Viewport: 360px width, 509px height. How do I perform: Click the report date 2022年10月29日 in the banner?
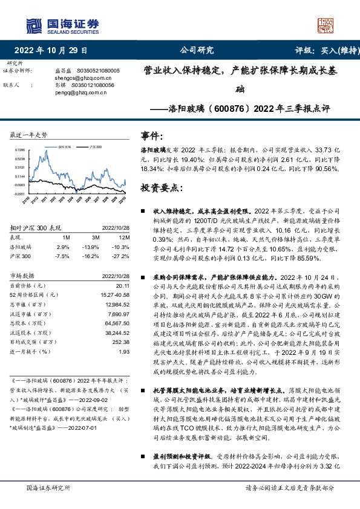(x=50, y=51)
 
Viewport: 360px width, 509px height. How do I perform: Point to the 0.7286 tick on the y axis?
(x=21, y=150)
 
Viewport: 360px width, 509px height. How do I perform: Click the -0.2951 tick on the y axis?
(x=20, y=194)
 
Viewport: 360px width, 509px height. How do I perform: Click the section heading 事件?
(x=151, y=135)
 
